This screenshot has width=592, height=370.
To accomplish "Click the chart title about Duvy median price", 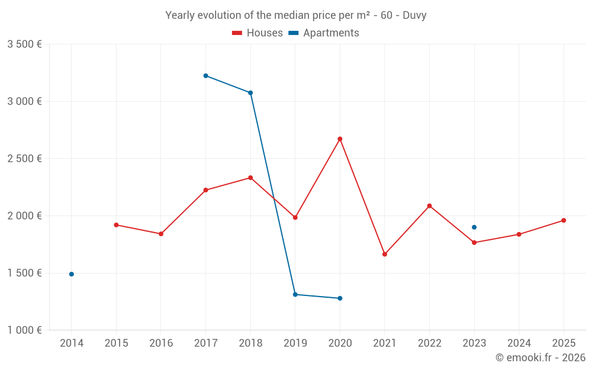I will (295, 15).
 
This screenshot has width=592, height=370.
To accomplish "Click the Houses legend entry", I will (258, 33).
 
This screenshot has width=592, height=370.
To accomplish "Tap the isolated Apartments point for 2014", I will (72, 274).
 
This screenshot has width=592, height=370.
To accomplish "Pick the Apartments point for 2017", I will (205, 76).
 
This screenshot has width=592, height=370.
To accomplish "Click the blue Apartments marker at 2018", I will (250, 93).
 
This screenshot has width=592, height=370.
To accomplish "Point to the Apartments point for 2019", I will (295, 294).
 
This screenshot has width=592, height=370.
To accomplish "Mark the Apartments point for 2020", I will (340, 298).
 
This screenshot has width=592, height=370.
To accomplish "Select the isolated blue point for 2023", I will (474, 227).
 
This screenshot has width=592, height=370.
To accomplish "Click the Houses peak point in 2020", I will (340, 139).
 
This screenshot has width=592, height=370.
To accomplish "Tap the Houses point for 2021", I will (385, 255).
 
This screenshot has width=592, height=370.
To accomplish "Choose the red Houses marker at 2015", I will (116, 225).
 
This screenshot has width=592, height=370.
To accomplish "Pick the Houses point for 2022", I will (429, 206).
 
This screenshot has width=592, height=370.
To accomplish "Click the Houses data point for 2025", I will (564, 220).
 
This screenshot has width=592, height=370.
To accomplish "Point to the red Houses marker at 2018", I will (250, 178).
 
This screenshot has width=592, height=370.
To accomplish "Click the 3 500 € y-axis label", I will (24, 44).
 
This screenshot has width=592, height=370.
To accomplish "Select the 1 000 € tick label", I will (24, 330).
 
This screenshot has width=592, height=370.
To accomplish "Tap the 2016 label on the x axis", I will (161, 343).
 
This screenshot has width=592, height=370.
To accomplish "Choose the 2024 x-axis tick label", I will (519, 343).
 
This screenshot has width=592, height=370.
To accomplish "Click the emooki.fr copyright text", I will (540, 358).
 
